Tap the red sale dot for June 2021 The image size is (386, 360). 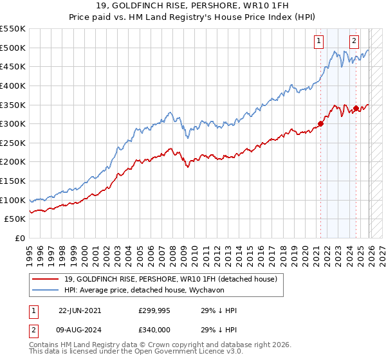[321, 124]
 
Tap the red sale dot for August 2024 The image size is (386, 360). [356, 109]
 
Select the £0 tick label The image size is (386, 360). [19, 238]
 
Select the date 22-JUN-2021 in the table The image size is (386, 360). [80, 310]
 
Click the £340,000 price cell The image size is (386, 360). [154, 329]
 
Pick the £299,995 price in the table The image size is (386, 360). [154, 310]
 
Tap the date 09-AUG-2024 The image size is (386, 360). [80, 329]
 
